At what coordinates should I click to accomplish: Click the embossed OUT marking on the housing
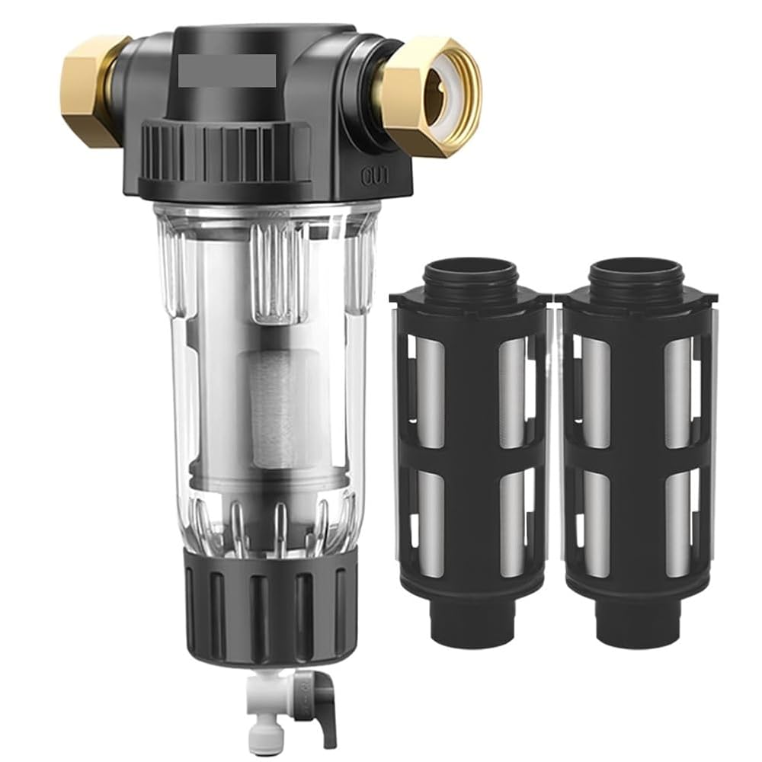pyautogui.click(x=375, y=178)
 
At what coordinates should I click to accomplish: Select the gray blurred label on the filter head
pyautogui.click(x=227, y=70)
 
